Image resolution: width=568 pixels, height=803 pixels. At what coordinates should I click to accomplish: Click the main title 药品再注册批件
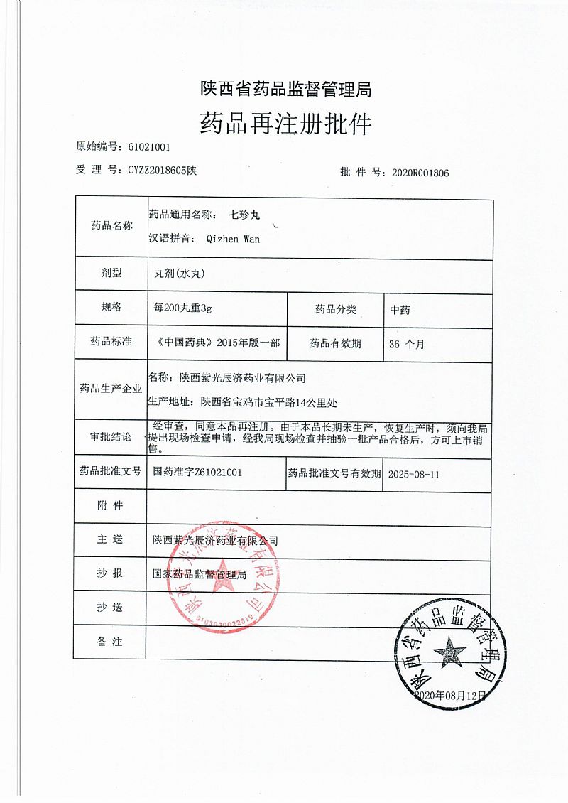coord(285,124)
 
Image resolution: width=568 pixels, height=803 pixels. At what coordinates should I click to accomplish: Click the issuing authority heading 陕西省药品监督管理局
coord(285,90)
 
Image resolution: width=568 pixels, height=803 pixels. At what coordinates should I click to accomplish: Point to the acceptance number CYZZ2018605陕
coord(162,171)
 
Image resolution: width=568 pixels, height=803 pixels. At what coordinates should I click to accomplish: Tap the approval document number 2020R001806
coord(420,172)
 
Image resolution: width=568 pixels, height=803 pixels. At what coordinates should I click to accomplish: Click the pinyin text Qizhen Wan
coord(232,239)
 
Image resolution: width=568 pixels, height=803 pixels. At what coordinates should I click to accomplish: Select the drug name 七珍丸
coord(246,213)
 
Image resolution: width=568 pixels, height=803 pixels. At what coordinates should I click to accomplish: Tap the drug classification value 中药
coord(400,310)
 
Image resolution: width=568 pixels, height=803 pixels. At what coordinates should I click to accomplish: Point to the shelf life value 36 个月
coord(407,344)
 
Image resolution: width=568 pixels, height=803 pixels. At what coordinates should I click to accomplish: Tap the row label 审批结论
coord(111,436)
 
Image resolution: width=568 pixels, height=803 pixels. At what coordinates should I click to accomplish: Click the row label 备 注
coord(110,642)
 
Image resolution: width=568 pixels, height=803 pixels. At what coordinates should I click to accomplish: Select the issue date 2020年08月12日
coord(450,694)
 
